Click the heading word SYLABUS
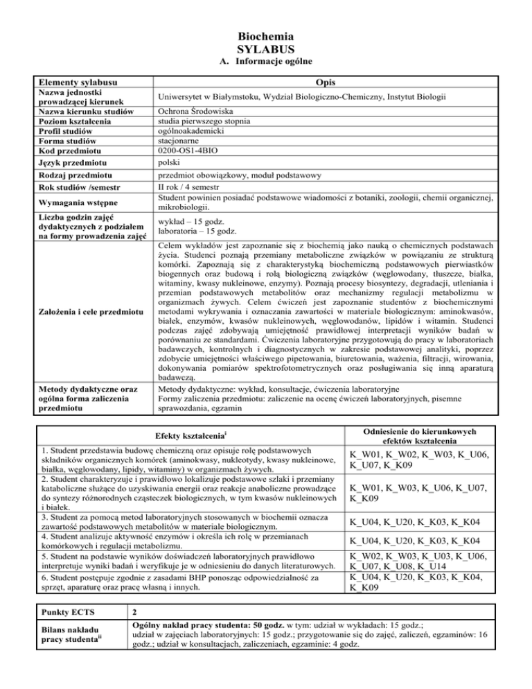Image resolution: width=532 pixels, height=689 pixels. [x=266, y=49]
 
